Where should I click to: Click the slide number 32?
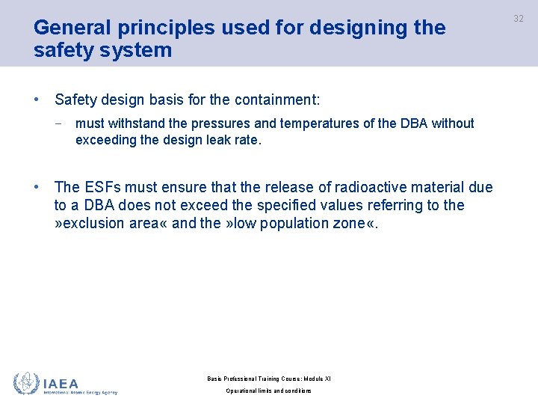(519, 18)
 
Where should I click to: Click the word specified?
(290, 205)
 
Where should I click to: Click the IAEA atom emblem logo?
(26, 383)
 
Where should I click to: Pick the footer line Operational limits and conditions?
(269, 391)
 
